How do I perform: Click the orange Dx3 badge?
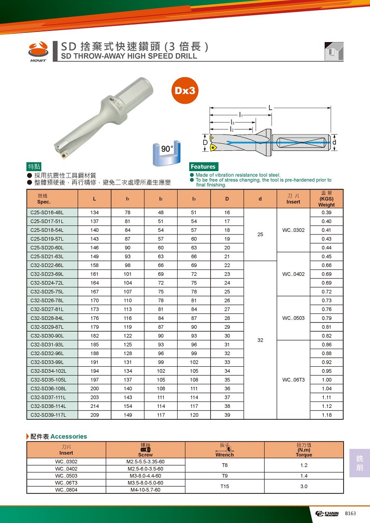coord(185,90)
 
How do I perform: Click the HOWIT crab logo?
coord(38,49)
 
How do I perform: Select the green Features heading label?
coord(203,166)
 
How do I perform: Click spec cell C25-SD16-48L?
coord(47,212)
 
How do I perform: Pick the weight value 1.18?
coord(327,415)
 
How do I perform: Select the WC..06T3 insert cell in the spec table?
coord(292,380)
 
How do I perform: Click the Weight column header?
coord(327,198)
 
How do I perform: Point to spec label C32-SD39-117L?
coord(49,415)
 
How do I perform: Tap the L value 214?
coord(95,406)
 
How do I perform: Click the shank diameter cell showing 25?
coord(260,234)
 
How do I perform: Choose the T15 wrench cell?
coord(225,486)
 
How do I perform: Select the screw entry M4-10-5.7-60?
coord(146,490)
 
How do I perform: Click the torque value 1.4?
coord(304,475)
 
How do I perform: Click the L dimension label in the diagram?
coord(270,108)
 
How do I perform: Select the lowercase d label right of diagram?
coord(334,142)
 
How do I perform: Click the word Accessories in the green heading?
coord(68,436)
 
